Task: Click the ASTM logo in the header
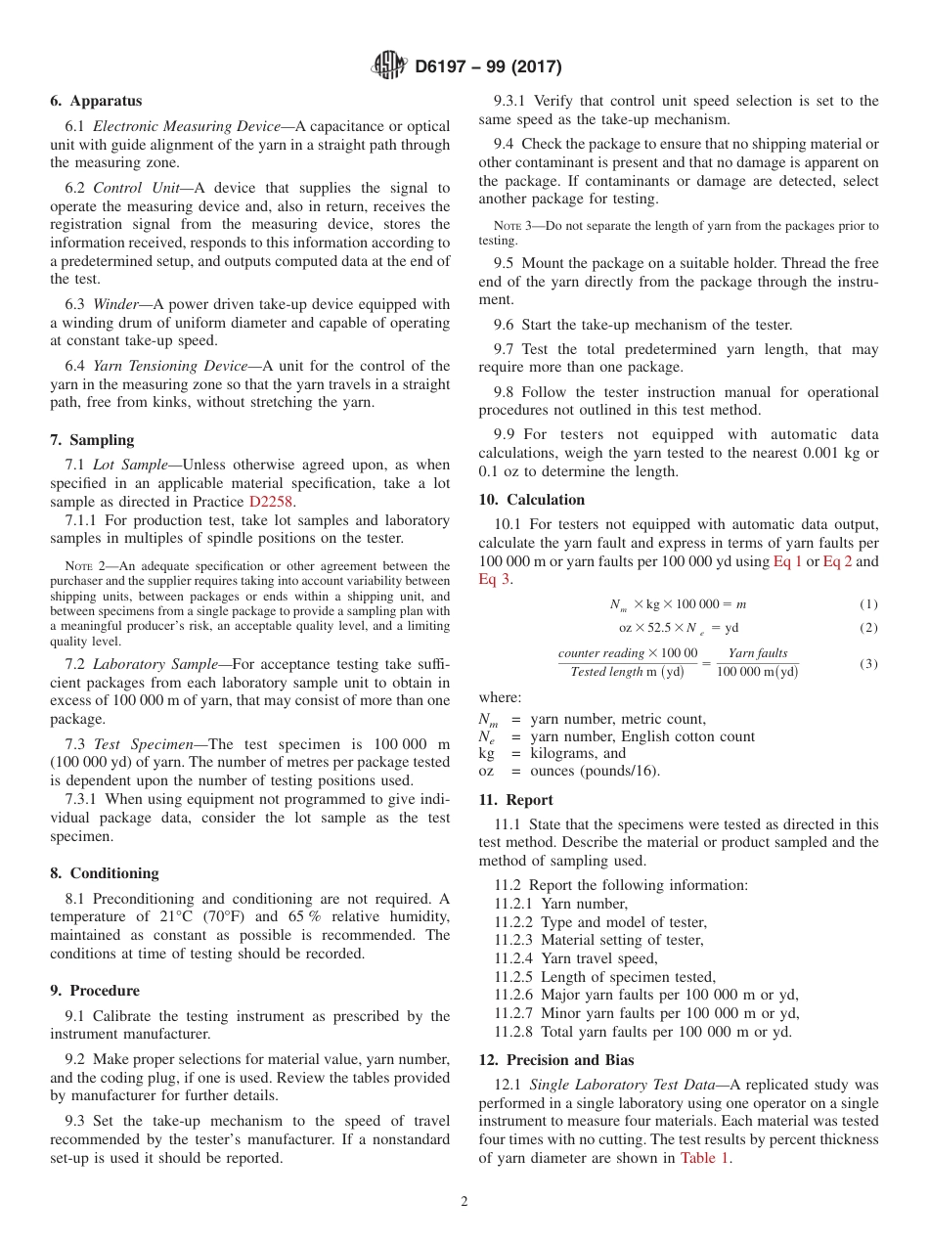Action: tap(390, 67)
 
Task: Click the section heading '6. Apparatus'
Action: tap(96, 101)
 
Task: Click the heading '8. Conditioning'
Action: tap(104, 873)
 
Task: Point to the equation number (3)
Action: tap(868, 664)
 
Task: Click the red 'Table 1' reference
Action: tap(704, 1158)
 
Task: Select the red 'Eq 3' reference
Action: tap(494, 580)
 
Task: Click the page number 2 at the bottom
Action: tap(464, 1202)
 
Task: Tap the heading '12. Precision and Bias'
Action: tap(555, 1060)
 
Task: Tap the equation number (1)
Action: tap(868, 604)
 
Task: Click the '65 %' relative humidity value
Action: tap(304, 916)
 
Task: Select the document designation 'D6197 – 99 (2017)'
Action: tap(488, 67)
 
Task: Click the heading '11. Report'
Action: tap(515, 800)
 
